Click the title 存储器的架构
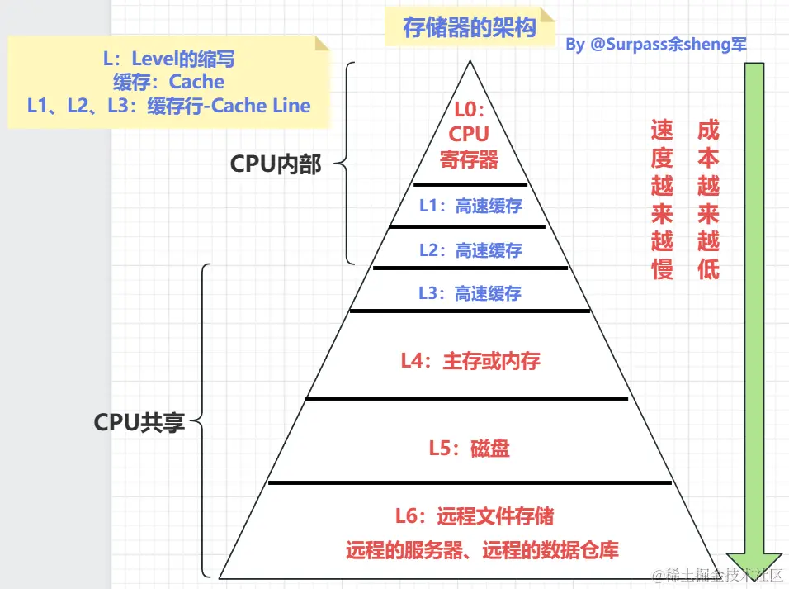click(469, 27)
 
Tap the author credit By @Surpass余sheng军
click(656, 45)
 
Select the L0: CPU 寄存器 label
click(469, 134)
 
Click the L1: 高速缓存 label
click(470, 206)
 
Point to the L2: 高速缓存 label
click(470, 249)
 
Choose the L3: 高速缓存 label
click(470, 292)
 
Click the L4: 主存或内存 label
click(470, 361)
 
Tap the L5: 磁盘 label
click(469, 449)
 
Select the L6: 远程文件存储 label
click(474, 516)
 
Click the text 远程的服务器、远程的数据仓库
click(482, 549)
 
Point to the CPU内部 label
click(275, 164)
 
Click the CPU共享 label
click(139, 422)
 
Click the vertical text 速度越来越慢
click(662, 199)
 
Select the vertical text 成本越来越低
click(708, 199)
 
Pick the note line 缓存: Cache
click(168, 82)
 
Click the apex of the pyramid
click(470, 61)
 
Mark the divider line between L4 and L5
click(467, 398)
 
